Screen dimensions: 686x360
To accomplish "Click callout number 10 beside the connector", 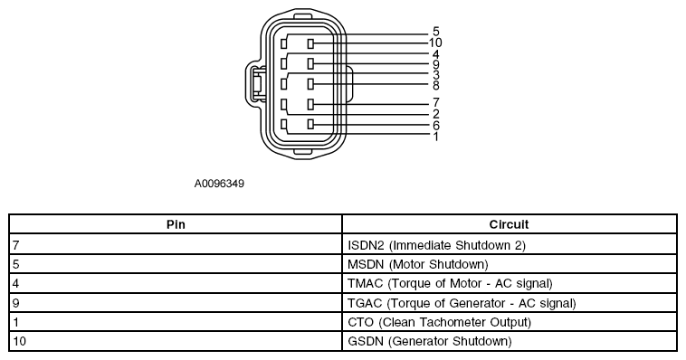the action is [x=435, y=43].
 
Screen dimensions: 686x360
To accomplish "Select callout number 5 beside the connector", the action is [x=435, y=32].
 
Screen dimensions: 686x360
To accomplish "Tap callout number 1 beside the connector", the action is [x=435, y=137].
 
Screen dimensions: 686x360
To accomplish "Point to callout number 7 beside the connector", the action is [x=435, y=102].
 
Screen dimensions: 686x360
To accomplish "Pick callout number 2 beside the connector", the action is [x=435, y=114].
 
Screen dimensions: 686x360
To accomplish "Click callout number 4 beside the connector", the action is [x=435, y=54].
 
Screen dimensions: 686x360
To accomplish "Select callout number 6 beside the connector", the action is [x=435, y=126].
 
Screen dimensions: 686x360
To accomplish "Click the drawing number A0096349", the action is [x=219, y=184].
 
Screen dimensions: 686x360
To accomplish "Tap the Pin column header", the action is [x=176, y=224].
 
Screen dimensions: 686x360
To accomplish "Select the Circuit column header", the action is [x=509, y=224].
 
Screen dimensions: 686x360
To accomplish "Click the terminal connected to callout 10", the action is [x=310, y=43].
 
